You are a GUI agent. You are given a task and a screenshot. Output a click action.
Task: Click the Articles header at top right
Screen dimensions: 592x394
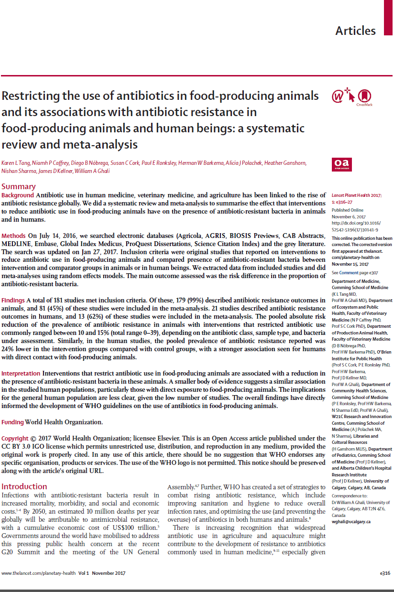click(x=355, y=31)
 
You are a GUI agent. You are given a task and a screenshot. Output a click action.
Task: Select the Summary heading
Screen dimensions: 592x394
click(x=19, y=186)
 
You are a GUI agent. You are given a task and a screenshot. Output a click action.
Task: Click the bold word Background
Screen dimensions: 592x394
click(x=18, y=195)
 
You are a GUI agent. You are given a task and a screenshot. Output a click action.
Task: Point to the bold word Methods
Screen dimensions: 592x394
click(x=13, y=237)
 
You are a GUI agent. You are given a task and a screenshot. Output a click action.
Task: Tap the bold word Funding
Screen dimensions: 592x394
click(x=13, y=422)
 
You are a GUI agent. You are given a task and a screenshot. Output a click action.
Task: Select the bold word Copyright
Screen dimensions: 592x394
click(x=15, y=439)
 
